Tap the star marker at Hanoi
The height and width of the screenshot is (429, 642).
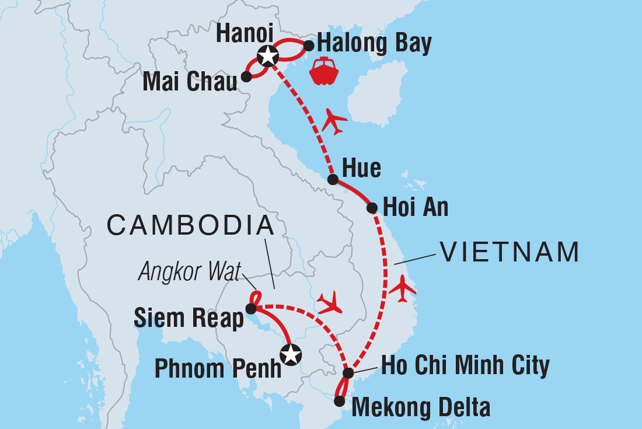coord(267,57)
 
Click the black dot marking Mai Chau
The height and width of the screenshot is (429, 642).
coord(246,76)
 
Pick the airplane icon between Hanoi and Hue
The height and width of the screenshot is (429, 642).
coord(334,121)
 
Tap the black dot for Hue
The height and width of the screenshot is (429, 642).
coord(332,179)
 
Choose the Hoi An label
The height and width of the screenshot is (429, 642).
coord(415,207)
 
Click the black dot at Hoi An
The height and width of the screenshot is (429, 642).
coord(371,207)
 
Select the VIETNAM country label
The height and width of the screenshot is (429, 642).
coord(510,252)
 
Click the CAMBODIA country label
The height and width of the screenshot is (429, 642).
coord(191,225)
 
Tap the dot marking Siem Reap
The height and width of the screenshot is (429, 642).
coord(250,308)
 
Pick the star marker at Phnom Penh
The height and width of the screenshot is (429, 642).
coord(291,354)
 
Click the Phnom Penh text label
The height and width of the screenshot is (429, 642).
coord(218,369)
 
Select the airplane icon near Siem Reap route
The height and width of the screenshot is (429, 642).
coord(330,303)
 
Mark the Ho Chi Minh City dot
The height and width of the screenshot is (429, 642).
coord(348,373)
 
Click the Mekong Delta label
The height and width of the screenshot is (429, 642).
coord(421,407)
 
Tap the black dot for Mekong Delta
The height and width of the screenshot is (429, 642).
coord(339,401)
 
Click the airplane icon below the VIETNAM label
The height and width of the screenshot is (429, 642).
coord(403,288)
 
